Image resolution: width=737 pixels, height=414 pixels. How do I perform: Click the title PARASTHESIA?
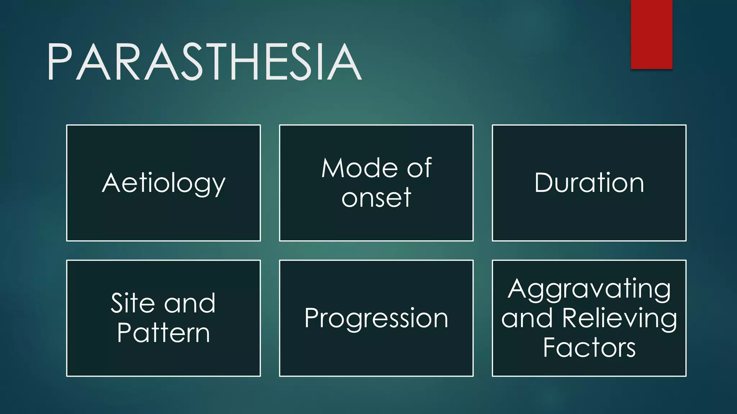pyautogui.click(x=204, y=62)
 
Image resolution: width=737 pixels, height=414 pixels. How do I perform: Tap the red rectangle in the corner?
pyautogui.click(x=651, y=34)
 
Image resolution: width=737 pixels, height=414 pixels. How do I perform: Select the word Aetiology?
pyautogui.click(x=164, y=183)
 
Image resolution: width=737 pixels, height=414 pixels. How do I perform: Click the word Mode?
pyautogui.click(x=359, y=168)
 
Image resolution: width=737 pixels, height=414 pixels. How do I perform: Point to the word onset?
pyautogui.click(x=376, y=198)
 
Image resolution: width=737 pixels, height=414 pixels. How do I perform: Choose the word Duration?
pyautogui.click(x=589, y=183)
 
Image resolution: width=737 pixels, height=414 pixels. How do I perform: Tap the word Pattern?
pyautogui.click(x=163, y=333)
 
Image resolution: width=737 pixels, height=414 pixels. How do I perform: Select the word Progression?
pyautogui.click(x=376, y=318)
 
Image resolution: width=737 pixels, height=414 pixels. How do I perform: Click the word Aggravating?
pyautogui.click(x=589, y=289)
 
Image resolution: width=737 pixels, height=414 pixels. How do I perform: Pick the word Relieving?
pyautogui.click(x=619, y=318)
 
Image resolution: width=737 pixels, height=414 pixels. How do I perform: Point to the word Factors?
pyautogui.click(x=589, y=348)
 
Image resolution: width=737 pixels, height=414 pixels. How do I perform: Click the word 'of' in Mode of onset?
pyautogui.click(x=420, y=168)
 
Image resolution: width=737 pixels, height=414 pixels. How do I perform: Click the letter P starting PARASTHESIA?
pyautogui.click(x=59, y=62)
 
